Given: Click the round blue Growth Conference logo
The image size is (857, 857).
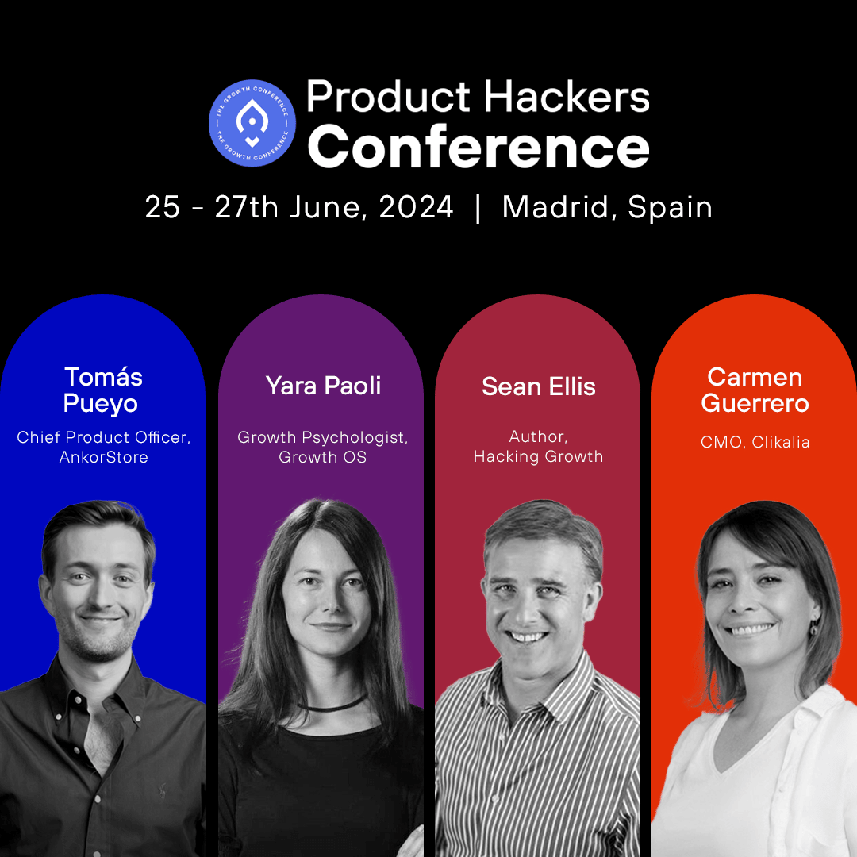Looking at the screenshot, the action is (252, 123).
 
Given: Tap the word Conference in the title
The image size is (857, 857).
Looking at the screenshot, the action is (478, 147).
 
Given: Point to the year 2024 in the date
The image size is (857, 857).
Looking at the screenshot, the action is (416, 207).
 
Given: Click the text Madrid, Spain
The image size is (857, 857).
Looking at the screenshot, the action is (607, 207).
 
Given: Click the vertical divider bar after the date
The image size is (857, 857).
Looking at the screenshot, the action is (478, 208).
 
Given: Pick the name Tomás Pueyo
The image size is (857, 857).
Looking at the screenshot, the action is (102, 390).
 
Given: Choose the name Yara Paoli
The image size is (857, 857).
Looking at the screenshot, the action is (323, 386).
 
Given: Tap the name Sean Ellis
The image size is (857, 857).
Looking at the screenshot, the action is (538, 386).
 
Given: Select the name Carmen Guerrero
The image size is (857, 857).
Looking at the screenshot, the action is (755, 390).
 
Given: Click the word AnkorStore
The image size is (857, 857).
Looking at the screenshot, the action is (103, 457).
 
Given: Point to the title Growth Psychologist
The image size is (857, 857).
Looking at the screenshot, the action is (322, 437).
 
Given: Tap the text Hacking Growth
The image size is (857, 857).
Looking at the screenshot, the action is (538, 456).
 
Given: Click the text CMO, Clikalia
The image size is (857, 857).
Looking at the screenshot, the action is (755, 442).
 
